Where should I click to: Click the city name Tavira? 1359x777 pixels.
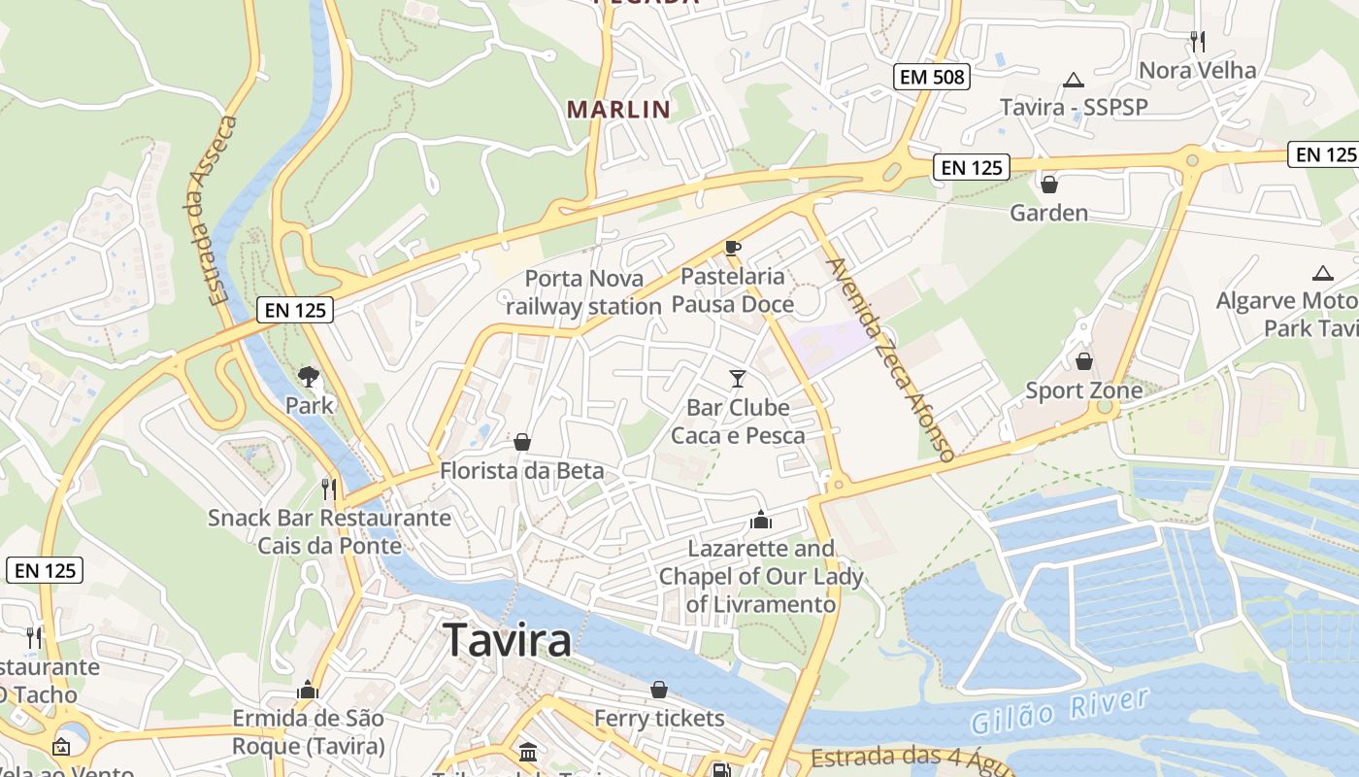[507, 641]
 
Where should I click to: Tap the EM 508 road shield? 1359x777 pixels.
[932, 76]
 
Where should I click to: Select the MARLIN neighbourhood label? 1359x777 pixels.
[619, 109]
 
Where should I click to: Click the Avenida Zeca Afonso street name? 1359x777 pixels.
[889, 358]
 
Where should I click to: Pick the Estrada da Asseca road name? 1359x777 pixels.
[211, 211]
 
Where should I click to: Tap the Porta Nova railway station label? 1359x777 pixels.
[583, 292]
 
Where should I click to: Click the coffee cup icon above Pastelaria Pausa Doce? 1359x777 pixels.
[733, 248]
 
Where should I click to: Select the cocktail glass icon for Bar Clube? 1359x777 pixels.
[738, 378]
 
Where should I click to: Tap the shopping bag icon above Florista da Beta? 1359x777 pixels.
[522, 443]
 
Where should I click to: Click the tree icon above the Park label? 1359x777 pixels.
[309, 376]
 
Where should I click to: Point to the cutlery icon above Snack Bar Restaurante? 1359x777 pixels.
[329, 488]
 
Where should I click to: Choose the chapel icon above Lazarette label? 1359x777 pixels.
[761, 520]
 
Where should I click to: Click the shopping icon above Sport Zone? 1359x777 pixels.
[1083, 361]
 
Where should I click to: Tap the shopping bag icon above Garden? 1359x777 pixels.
[1048, 184]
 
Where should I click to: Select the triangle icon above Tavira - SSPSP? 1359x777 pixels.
[1073, 80]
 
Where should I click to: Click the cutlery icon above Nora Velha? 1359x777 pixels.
[1197, 41]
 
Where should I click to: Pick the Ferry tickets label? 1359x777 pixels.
[659, 719]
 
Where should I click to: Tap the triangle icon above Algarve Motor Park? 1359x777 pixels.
[1322, 274]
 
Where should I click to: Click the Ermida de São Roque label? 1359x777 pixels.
[309, 732]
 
